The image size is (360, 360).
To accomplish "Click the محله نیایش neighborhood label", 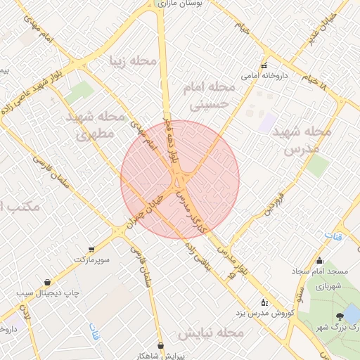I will (211, 330).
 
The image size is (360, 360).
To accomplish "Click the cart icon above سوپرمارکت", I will (91, 250).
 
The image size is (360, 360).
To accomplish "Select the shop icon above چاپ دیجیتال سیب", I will (48, 281).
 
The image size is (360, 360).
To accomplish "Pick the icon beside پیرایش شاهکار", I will (162, 345).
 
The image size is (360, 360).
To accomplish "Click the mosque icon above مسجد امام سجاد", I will (320, 261).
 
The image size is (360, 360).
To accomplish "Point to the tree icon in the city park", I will (340, 316).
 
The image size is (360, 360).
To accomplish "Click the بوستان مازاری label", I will (186, 4).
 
